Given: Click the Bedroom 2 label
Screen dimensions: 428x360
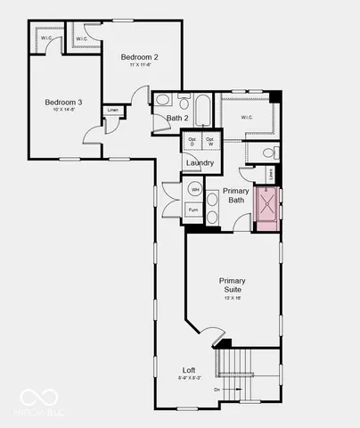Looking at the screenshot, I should point(140,57).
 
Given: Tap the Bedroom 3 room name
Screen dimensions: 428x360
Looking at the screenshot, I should point(64,103).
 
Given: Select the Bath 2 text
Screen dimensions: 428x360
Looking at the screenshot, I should point(178,118).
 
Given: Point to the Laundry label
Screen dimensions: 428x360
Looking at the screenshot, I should point(199,163).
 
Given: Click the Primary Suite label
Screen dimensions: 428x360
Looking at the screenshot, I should point(232,285).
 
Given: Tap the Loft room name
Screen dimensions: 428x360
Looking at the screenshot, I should point(189,370).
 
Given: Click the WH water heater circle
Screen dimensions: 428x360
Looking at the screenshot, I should point(194,189).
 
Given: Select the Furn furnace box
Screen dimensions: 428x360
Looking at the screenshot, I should point(193,210).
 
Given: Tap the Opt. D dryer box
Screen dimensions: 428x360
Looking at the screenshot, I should point(191,141).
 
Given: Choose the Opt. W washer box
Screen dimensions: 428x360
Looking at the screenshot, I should point(210,141).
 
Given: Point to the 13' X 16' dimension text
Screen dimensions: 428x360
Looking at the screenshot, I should point(233,298).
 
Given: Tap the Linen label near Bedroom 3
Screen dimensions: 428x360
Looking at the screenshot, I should point(113,111).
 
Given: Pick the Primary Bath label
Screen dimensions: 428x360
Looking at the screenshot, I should point(236,195).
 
